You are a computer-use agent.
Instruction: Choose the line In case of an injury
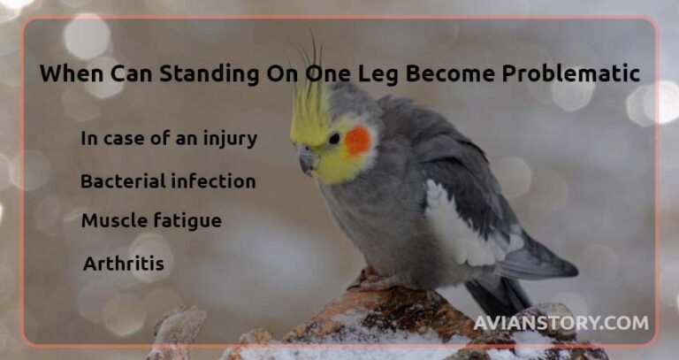pos(169,139)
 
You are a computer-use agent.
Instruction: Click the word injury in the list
pos(233,139)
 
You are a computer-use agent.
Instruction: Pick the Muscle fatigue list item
pos(151,220)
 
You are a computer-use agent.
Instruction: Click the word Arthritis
pos(123,264)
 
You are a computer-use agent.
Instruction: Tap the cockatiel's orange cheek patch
pos(358,140)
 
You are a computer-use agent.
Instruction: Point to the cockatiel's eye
pos(334,138)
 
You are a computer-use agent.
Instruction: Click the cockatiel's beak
pos(307,161)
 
